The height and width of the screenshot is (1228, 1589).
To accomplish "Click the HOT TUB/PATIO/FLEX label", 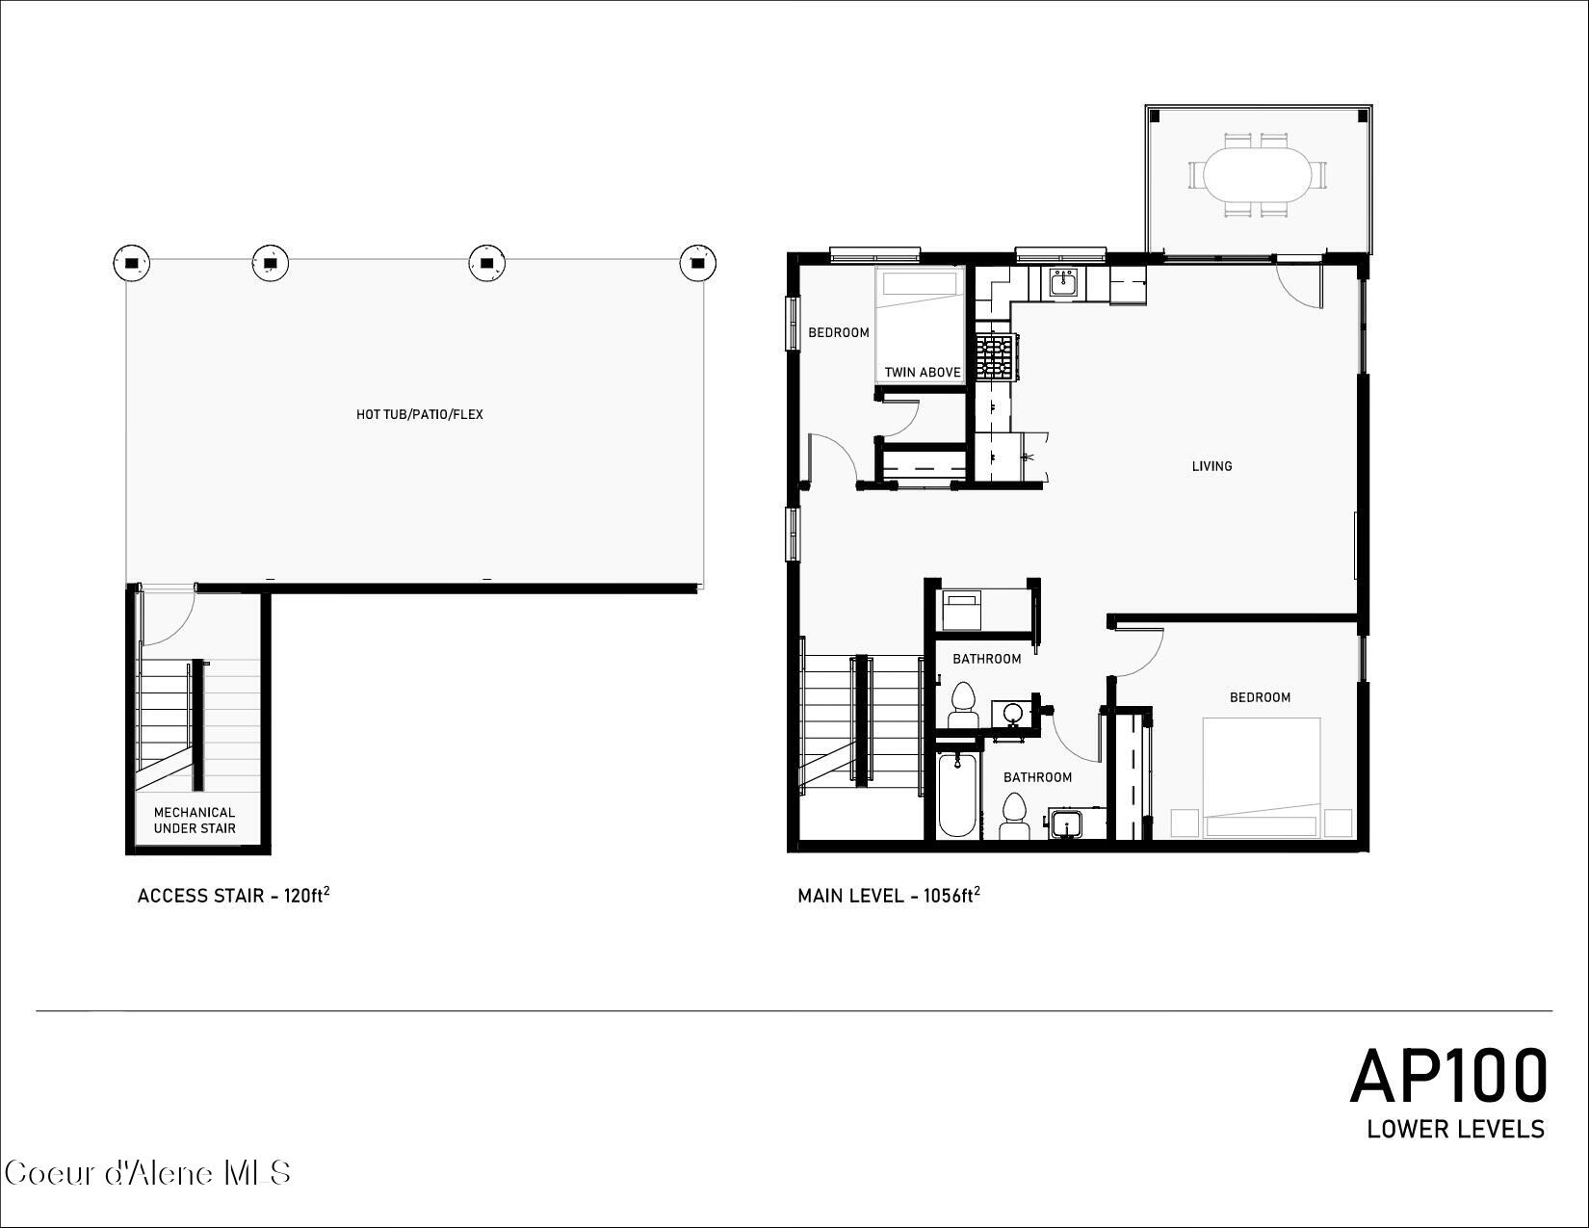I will coord(420,415).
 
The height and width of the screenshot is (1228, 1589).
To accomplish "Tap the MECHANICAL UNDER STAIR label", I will coord(195,821).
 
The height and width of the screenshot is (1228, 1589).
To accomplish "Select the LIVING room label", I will coord(1211,466).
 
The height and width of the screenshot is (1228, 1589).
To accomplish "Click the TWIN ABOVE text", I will coord(923,373).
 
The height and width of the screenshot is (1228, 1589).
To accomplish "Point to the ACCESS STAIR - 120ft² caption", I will coord(234,896).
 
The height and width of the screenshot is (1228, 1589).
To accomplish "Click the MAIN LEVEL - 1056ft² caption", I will coord(889,896).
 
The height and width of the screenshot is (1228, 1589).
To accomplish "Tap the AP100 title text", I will coord(1448,1077).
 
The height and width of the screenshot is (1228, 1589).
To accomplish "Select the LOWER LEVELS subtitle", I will coord(1455,1129).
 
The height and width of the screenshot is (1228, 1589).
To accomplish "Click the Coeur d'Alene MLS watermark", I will coord(147,1173).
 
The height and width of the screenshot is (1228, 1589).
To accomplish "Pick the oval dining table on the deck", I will coord(1258,174).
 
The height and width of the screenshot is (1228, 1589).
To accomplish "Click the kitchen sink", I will coord(1063,283).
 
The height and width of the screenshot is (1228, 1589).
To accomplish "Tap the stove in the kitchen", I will coord(997,356).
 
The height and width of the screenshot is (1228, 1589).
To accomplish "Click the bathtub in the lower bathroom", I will coord(957,796).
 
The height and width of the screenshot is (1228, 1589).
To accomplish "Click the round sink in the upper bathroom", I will coord(1012,714).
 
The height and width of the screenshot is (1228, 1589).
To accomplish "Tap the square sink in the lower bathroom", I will coord(1066,824).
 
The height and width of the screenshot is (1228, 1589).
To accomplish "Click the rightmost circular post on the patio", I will coord(698,263).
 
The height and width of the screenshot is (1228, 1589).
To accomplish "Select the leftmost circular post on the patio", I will coord(132,262).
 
